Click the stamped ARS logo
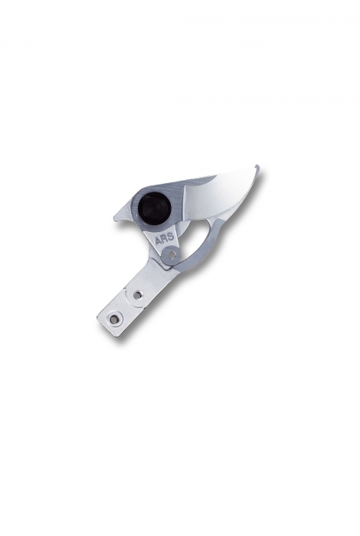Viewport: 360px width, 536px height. coord(165,239)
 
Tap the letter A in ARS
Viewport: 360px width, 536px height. coord(159,241)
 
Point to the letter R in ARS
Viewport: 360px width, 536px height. coord(165,239)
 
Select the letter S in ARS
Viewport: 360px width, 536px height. coord(171,237)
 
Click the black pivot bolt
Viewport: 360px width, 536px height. coord(154,208)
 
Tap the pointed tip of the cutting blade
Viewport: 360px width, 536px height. coord(257,166)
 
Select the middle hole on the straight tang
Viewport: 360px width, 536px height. coord(137,294)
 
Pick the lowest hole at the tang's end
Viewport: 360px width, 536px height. coord(114,319)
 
